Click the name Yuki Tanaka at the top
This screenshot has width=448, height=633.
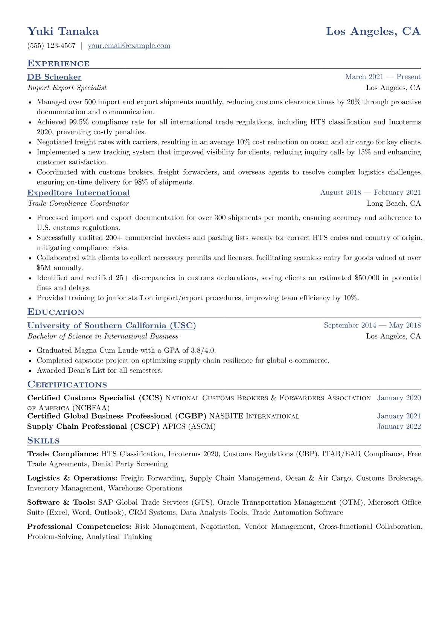pyautogui.click(x=63, y=31)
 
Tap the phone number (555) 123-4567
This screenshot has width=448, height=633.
pyautogui.click(x=52, y=46)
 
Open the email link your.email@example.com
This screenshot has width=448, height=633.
pyautogui.click(x=129, y=46)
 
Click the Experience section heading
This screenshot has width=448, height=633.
pyautogui.click(x=58, y=64)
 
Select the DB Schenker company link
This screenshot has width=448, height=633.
pyautogui.click(x=54, y=77)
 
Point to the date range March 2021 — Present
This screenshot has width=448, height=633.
pyautogui.click(x=382, y=77)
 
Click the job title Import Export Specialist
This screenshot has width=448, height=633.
pyautogui.click(x=67, y=88)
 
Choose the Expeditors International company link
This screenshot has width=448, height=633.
pyautogui.click(x=78, y=193)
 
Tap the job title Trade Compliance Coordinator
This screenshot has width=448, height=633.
pyautogui.click(x=78, y=203)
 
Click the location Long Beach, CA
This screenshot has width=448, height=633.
pyautogui.click(x=393, y=203)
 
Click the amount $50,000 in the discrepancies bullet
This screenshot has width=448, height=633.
pyautogui.click(x=369, y=278)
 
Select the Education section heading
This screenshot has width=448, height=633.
pyautogui.click(x=56, y=312)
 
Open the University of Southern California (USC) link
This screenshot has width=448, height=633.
pyautogui.click(x=111, y=326)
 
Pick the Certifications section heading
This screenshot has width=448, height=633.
pyautogui.click(x=67, y=385)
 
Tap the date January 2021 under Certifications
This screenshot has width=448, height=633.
pyautogui.click(x=399, y=416)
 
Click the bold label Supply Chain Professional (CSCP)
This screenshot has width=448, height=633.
pyautogui.click(x=93, y=427)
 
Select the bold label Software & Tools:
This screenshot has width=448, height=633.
pyautogui.click(x=61, y=502)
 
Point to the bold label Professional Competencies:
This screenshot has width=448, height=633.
pyautogui.click(x=79, y=527)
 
